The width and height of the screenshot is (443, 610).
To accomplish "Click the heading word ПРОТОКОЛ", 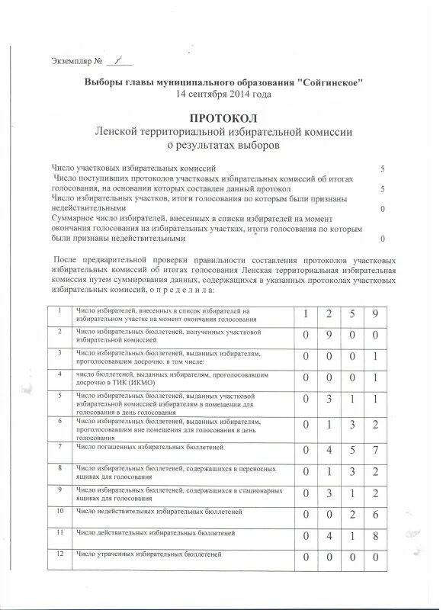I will [223, 118].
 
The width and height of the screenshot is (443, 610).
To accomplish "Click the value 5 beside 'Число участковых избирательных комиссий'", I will [381, 167].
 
